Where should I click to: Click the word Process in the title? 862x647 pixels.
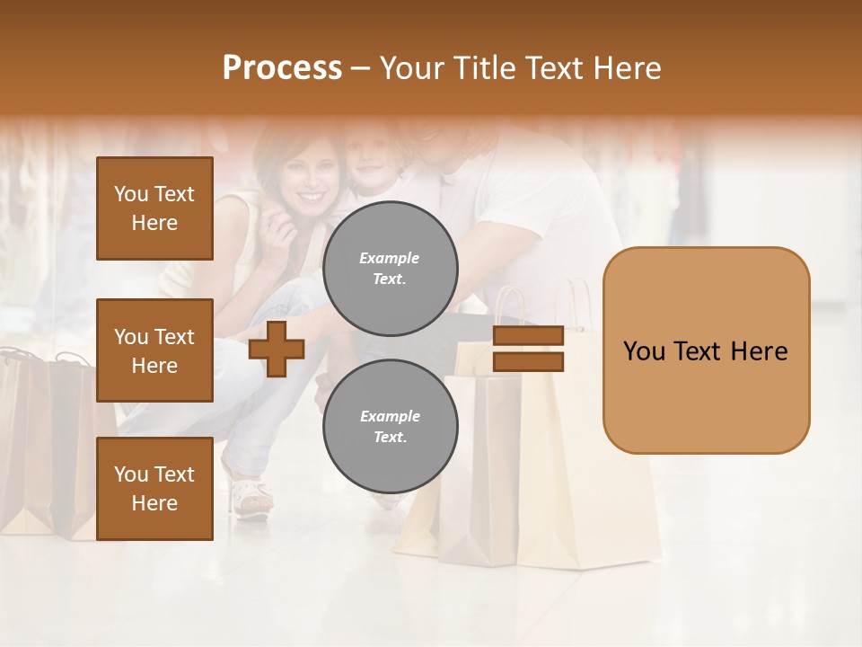(x=282, y=68)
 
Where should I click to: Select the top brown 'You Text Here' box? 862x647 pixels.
(x=154, y=208)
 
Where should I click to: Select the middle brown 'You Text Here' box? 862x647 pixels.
(x=154, y=350)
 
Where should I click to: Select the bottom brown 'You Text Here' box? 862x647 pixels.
(x=154, y=489)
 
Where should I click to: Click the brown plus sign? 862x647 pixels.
(x=276, y=349)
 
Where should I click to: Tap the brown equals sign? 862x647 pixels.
(x=528, y=349)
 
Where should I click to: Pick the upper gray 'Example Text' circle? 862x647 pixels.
(x=390, y=269)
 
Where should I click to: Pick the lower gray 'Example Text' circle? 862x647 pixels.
(x=390, y=427)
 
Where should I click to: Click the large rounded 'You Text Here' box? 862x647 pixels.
(x=706, y=350)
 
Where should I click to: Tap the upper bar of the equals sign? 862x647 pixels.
(x=528, y=335)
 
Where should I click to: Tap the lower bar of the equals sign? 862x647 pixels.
(x=528, y=362)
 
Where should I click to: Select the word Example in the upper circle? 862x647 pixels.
(x=390, y=258)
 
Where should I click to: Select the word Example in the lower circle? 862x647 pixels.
(x=390, y=416)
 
